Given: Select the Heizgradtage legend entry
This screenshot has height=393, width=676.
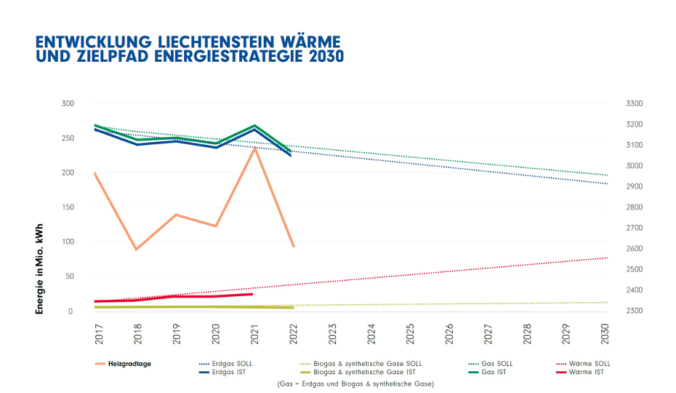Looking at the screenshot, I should click(132, 363).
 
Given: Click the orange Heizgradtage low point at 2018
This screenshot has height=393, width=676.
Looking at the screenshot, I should click(135, 250).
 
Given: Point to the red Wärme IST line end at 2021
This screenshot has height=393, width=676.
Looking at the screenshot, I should click(252, 294).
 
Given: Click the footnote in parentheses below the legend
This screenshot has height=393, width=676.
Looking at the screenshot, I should click(355, 384).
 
